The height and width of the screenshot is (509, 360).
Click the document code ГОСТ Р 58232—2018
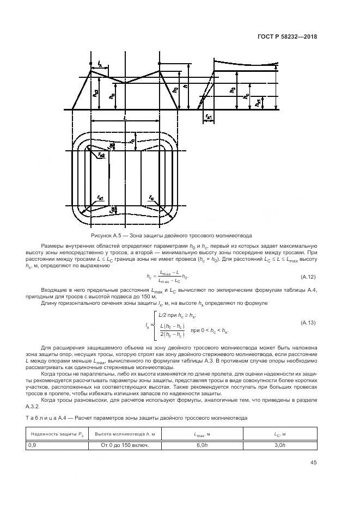tap(287, 37)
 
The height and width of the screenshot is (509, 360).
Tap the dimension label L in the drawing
tap(125, 117)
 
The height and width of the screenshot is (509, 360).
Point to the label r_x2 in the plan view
tap(101, 156)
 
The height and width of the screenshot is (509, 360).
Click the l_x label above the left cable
tap(100, 64)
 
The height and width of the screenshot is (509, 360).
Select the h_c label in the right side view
tap(247, 96)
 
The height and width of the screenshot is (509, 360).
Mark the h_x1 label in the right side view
tap(258, 102)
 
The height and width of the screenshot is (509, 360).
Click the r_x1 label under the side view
tap(209, 116)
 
